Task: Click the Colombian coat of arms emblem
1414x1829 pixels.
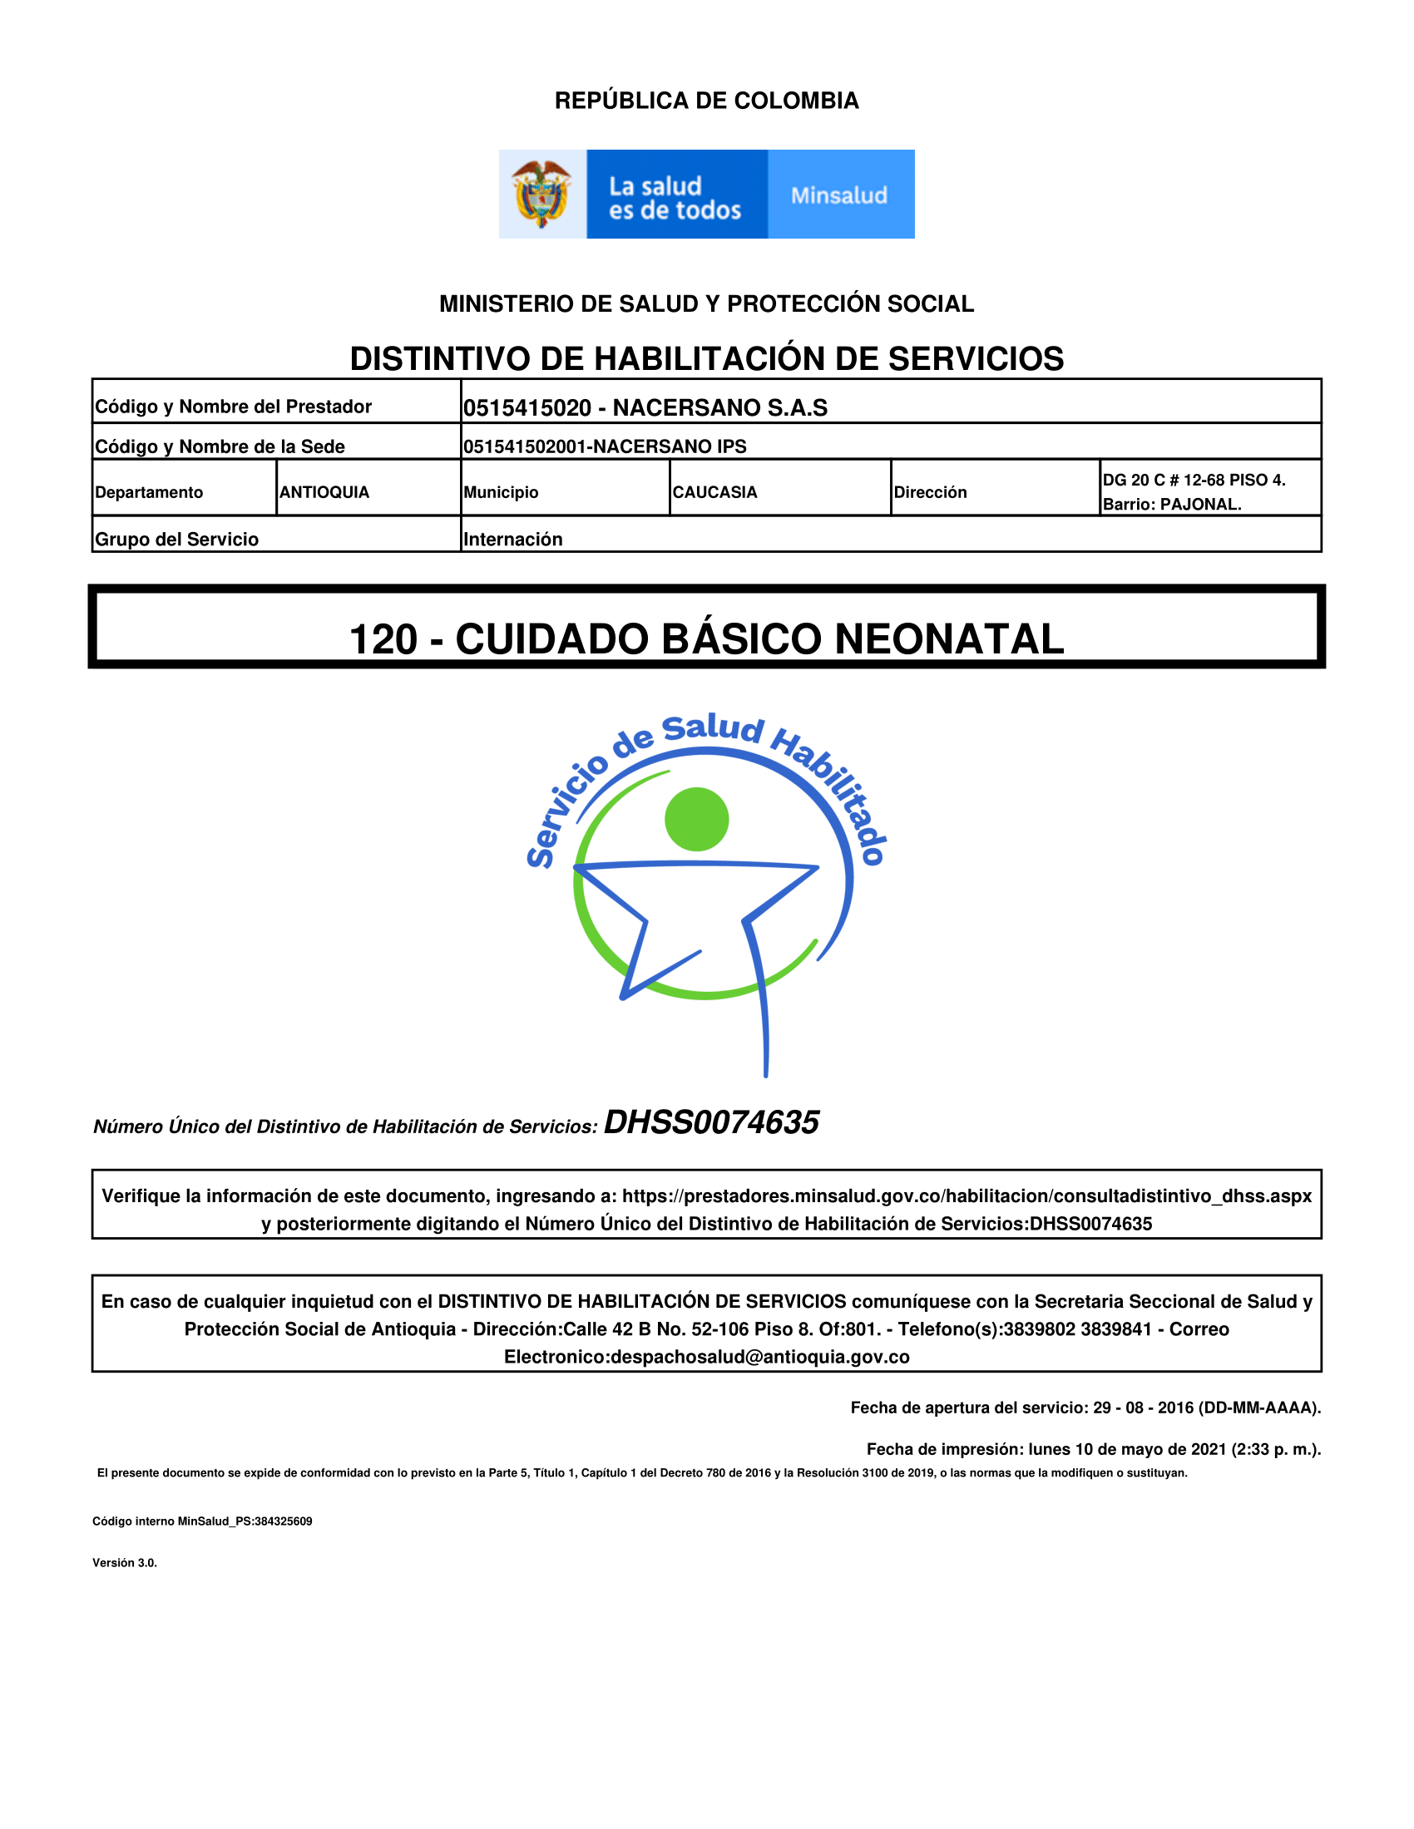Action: pos(542,194)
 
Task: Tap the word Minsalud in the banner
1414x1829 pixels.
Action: pos(838,195)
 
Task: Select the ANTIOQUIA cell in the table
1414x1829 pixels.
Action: pos(324,492)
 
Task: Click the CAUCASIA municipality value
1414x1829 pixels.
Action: pos(714,492)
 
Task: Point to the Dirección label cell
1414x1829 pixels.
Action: pos(930,492)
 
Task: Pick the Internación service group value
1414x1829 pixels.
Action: pos(512,540)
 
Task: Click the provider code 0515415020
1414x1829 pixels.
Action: pos(527,408)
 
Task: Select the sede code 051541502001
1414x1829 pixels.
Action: pos(524,446)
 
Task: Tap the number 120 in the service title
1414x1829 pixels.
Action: pos(383,640)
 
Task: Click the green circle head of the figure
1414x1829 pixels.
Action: pos(696,819)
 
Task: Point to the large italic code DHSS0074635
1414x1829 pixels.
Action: pos(711,1122)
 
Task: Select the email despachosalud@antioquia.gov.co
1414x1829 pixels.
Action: pos(759,1357)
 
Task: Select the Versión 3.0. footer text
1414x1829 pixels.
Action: pos(125,1563)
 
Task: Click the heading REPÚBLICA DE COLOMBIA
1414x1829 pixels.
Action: pos(706,101)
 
